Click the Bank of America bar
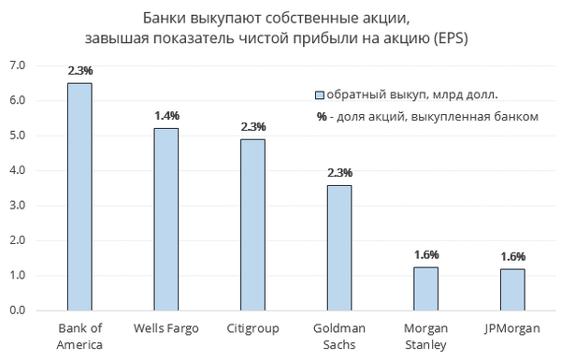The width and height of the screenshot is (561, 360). (79, 196)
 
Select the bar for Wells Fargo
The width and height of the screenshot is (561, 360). (166, 220)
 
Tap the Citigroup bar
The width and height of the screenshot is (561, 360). (253, 225)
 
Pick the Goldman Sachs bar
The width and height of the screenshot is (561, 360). (339, 248)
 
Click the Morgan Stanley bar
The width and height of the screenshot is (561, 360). (426, 289)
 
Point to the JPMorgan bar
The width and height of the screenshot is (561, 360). (512, 290)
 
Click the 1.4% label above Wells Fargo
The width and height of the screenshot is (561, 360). (166, 116)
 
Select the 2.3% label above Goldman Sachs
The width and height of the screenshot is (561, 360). (340, 173)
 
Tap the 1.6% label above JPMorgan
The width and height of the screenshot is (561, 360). (513, 256)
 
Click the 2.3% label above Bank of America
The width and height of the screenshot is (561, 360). (80, 70)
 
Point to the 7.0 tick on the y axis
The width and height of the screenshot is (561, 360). (18, 65)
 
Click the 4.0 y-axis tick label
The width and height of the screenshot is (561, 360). (18, 170)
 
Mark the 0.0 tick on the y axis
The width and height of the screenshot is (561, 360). (18, 310)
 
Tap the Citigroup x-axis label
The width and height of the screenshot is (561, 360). (253, 328)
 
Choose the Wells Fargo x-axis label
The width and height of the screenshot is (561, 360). (166, 328)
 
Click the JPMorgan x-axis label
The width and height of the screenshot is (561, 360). (512, 328)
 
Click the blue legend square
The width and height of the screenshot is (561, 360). (320, 95)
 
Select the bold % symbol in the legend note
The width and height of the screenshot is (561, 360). (322, 117)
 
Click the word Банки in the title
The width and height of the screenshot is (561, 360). (165, 18)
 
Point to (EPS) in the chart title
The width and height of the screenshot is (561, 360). (451, 38)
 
